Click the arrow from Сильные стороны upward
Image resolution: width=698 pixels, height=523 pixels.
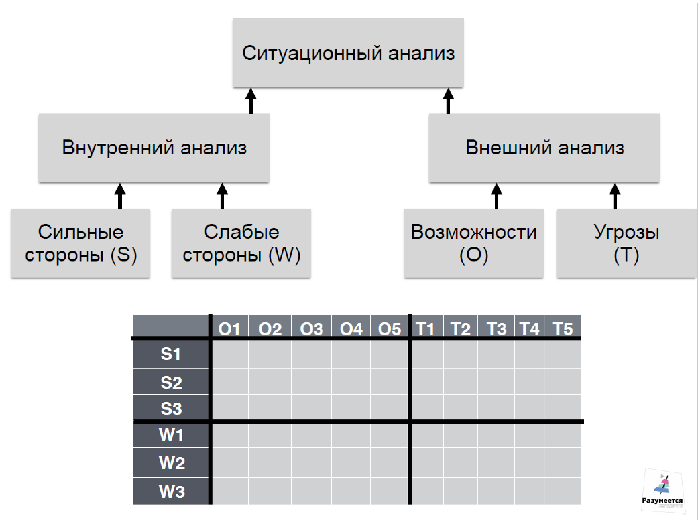pyautogui.click(x=120, y=196)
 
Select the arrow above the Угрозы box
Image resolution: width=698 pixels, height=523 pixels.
pyautogui.click(x=615, y=196)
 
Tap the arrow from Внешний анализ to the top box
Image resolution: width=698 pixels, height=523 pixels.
pyautogui.click(x=448, y=101)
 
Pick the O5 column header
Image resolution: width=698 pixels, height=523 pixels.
pyautogui.click(x=389, y=329)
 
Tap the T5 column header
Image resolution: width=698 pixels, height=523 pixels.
pyautogui.click(x=563, y=329)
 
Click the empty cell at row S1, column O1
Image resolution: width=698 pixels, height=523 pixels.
pyautogui.click(x=230, y=354)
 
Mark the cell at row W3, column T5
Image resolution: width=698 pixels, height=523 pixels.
pyautogui.click(x=563, y=491)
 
